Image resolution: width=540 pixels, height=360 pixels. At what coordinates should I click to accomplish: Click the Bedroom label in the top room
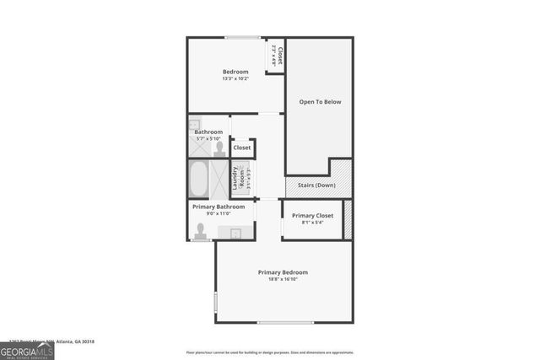point(235,72)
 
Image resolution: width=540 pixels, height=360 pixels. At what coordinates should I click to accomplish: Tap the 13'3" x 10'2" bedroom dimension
point(235,79)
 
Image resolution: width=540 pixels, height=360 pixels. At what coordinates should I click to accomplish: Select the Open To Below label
point(320,102)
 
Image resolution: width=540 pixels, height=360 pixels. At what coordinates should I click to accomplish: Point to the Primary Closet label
point(312,216)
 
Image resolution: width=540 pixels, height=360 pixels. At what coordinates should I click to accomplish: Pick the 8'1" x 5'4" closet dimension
point(312,223)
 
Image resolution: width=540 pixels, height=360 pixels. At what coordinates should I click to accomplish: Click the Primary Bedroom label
point(283,272)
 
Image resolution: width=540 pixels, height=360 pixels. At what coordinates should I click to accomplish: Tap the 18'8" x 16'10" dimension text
point(283,279)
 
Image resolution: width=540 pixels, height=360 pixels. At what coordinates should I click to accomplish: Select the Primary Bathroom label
point(219,207)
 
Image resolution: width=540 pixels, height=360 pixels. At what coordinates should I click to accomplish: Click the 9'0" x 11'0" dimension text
point(219,213)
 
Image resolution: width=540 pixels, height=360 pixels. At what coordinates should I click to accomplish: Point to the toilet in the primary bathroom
point(201,230)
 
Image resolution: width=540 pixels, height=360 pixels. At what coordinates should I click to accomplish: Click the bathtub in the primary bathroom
point(199,179)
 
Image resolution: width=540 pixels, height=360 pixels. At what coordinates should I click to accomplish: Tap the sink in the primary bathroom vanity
point(235,233)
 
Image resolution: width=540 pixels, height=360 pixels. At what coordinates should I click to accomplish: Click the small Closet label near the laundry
point(242,148)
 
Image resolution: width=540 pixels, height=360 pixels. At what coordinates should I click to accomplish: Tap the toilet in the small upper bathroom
point(220,149)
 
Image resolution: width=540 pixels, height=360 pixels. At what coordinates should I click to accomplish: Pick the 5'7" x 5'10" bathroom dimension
point(208,139)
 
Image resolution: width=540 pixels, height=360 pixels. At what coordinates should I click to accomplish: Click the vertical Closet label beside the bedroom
point(279,56)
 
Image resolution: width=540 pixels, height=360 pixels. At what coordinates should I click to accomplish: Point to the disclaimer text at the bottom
point(270,352)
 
